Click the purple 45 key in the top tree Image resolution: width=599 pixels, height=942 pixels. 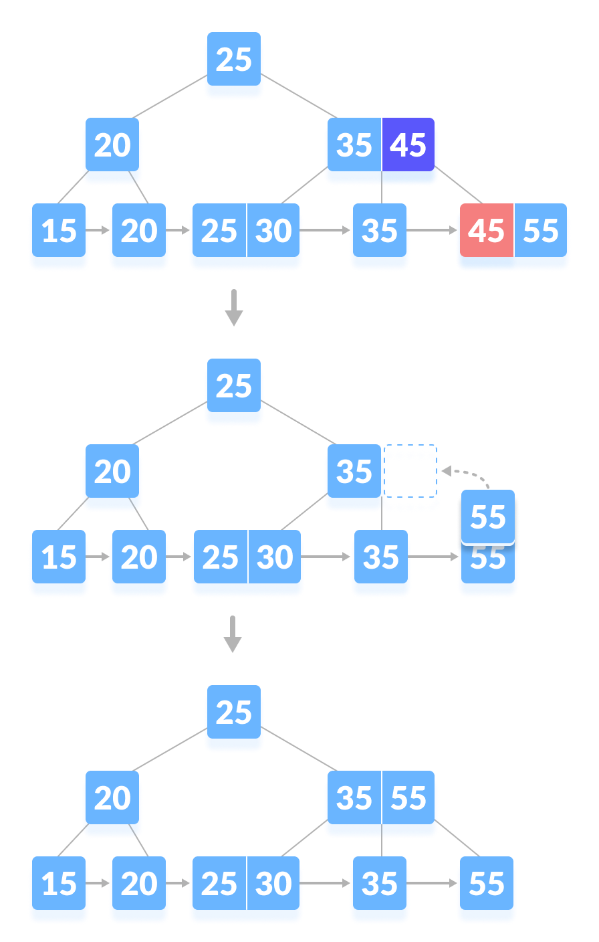408,145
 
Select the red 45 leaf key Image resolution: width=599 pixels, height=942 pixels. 486,231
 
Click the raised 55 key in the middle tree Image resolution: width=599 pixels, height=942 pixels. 488,517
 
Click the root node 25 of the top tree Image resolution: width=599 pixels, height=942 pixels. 234,60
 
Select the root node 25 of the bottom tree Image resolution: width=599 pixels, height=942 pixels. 234,713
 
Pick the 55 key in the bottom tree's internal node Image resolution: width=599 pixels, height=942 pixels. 408,798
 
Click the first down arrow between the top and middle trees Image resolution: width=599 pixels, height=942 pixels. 233,307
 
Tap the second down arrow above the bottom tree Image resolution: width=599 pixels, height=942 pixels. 233,634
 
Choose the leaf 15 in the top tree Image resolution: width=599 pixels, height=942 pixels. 59,231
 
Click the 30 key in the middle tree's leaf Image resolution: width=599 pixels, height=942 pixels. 275,558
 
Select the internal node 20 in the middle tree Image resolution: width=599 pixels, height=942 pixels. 112,472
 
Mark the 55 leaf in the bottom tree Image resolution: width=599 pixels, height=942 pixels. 487,884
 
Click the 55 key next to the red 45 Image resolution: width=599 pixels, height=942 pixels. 541,231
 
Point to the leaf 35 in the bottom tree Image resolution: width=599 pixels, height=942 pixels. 380,884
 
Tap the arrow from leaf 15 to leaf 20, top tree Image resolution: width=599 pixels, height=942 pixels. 99,230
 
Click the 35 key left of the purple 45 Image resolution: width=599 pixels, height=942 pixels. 354,145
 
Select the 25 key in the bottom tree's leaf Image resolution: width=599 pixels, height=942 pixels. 219,884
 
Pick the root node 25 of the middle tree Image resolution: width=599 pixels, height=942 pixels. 234,387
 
